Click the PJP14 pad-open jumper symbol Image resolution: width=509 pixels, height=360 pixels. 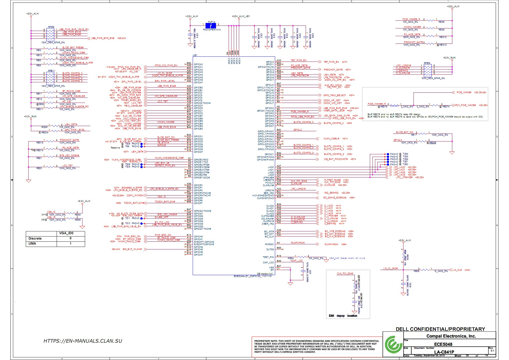click(x=211, y=26)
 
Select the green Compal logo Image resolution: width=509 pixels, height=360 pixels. click(x=393, y=345)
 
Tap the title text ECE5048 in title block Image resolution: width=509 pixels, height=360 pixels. click(x=443, y=344)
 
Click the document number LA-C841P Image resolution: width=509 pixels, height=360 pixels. click(x=444, y=352)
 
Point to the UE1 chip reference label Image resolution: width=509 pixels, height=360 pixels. click(x=195, y=55)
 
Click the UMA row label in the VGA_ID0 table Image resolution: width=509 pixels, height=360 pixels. click(x=32, y=244)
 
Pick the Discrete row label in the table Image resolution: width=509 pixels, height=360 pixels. click(x=35, y=238)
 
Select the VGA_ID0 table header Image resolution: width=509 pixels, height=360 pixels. click(x=66, y=233)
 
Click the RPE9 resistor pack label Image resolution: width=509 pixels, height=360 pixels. click(x=51, y=27)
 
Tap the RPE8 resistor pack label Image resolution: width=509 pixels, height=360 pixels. click(x=427, y=63)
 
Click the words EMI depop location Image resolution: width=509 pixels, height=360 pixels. click(x=343, y=316)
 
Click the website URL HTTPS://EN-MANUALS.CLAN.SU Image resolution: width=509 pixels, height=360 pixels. click(x=83, y=341)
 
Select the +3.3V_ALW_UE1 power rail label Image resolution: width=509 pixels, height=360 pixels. click(x=241, y=16)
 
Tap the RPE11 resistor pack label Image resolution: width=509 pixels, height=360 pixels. click(x=52, y=71)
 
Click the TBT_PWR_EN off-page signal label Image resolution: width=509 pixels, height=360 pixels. click(x=331, y=62)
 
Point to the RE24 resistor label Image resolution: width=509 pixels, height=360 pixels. click(x=291, y=258)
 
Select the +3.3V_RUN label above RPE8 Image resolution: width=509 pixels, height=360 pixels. click(x=449, y=58)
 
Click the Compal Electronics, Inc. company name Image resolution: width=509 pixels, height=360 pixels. click(x=451, y=336)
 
